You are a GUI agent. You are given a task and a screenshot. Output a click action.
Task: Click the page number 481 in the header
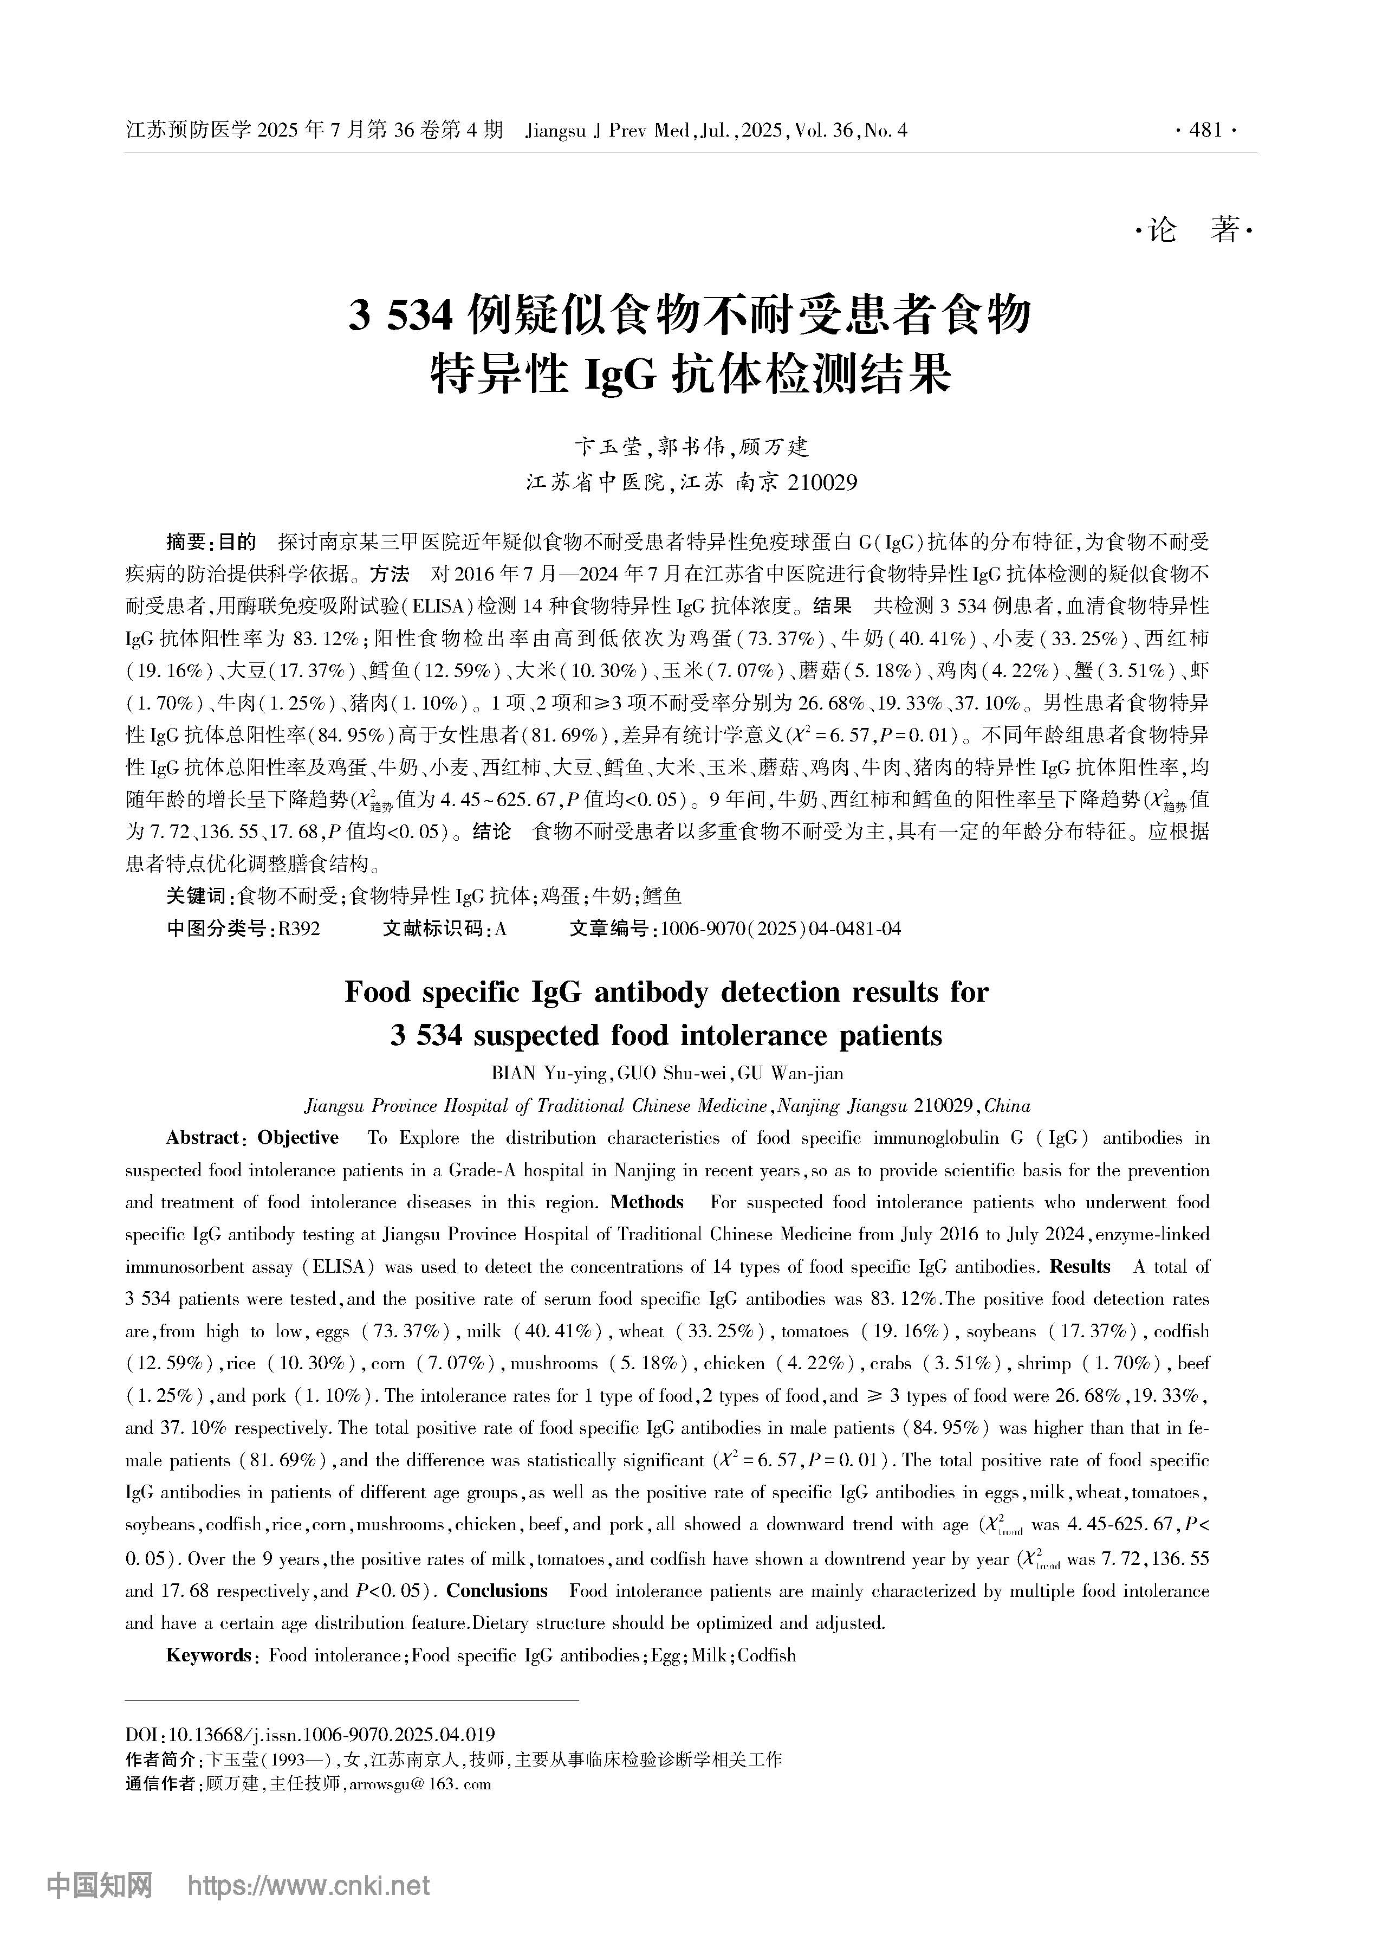1206,130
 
